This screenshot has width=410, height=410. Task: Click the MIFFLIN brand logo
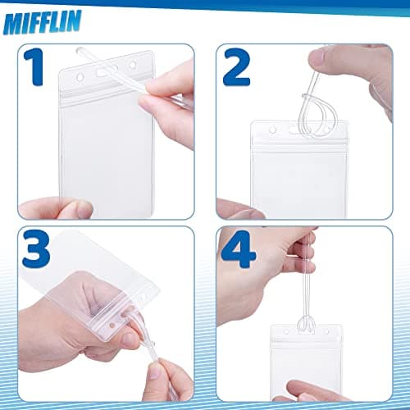[x=43, y=22]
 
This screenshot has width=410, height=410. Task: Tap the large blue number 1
[x=34, y=66]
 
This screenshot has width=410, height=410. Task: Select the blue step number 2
[x=236, y=67]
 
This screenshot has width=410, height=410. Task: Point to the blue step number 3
[x=36, y=248]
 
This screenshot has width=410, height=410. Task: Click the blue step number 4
[x=239, y=249]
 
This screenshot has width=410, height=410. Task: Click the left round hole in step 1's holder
[x=80, y=77]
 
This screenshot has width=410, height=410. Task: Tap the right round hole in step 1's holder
[x=133, y=65]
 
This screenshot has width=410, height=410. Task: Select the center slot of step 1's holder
[x=102, y=72]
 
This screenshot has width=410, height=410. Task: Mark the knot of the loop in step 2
[x=306, y=97]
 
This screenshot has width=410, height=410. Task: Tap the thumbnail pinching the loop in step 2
[x=317, y=58]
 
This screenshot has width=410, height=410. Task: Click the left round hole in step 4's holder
[x=286, y=332]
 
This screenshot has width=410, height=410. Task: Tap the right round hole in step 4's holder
[x=326, y=331]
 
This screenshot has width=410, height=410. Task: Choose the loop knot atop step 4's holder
[x=306, y=322]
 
